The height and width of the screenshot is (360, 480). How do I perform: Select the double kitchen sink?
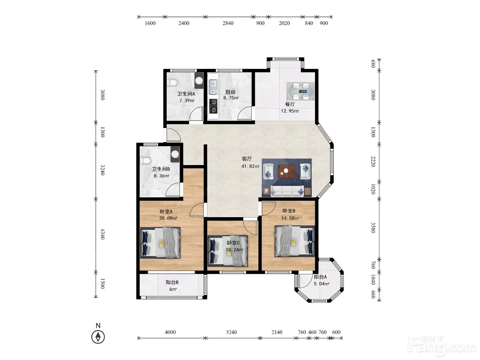(213, 87)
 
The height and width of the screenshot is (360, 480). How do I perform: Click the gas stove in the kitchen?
(213, 106)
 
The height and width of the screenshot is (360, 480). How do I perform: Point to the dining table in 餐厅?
(301, 91)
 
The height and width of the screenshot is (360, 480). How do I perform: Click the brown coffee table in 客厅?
(286, 171)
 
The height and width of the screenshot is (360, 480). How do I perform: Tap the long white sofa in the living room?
(287, 190)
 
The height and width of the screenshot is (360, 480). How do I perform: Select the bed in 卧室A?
(160, 243)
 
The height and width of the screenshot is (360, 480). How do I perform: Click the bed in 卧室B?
(294, 241)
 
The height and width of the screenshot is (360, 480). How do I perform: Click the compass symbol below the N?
(98, 337)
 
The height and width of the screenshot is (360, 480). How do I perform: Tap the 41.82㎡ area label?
(250, 166)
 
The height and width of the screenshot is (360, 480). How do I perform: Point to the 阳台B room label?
(172, 282)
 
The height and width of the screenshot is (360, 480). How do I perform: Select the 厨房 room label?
(230, 92)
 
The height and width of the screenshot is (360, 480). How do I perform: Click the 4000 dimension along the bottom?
(170, 332)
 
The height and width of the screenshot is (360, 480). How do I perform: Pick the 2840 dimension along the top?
(228, 23)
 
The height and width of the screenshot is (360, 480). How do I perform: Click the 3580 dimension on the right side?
(373, 228)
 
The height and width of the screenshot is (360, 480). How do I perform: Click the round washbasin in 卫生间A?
(199, 80)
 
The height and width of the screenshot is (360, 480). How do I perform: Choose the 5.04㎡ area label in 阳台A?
(322, 284)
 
